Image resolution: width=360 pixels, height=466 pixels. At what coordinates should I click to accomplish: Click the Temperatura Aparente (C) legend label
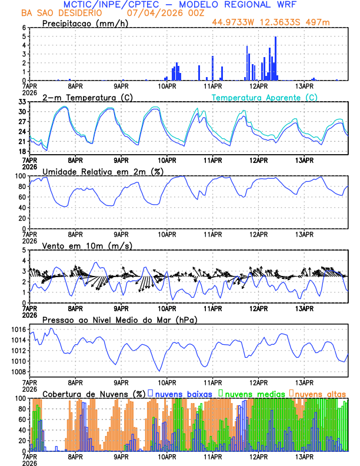pos(264,97)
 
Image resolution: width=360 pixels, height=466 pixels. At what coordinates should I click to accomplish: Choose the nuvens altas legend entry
pos(319,393)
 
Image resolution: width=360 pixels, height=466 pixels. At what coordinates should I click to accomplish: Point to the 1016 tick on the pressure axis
pos(19,329)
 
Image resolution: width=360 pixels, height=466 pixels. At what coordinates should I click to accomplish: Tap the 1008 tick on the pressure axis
pos(19,372)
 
